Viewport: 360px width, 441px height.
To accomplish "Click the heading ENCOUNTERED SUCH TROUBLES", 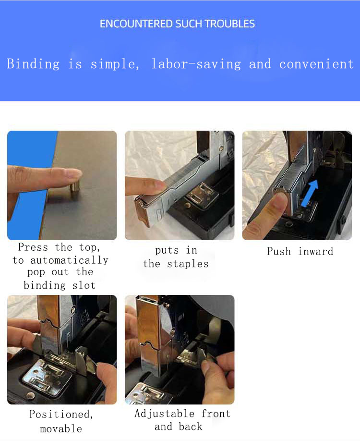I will (177, 24).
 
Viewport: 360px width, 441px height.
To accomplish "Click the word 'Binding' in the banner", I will (33, 64).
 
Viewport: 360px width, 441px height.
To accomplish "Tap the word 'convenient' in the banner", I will (316, 64).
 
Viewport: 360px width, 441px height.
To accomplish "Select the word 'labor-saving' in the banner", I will (196, 64).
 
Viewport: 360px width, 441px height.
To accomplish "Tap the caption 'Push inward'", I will (300, 251).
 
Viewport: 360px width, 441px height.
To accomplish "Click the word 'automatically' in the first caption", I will (69, 260).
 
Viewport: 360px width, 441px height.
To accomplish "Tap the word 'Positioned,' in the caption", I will (61, 414).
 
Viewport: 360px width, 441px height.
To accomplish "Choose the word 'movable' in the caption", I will (61, 429).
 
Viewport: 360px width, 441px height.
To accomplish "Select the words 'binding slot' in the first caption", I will (60, 285).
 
